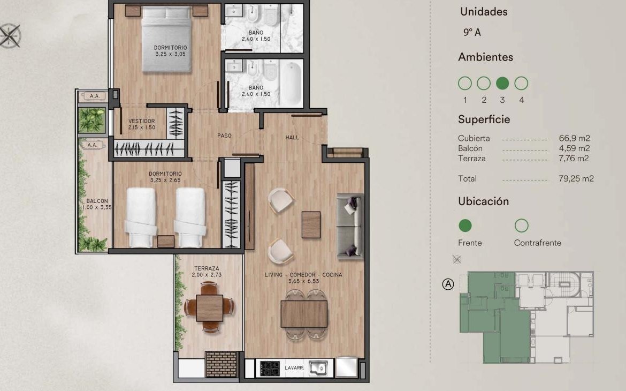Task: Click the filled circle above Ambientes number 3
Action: click(x=502, y=83)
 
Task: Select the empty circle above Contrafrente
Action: click(x=522, y=225)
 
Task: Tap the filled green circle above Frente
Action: click(x=465, y=225)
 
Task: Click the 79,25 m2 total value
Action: click(x=576, y=179)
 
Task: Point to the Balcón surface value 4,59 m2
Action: click(x=574, y=148)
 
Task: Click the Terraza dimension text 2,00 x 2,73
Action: click(x=207, y=275)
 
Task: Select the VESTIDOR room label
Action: click(x=142, y=121)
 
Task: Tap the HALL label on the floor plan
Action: click(x=292, y=138)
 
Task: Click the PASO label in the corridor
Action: click(x=224, y=136)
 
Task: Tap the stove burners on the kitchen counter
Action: click(x=270, y=368)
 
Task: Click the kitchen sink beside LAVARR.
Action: click(x=318, y=368)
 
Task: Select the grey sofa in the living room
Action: click(x=350, y=226)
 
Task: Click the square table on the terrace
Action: click(x=209, y=308)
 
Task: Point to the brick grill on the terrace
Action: click(x=221, y=364)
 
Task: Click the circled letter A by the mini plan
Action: click(x=448, y=284)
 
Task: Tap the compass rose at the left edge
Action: click(x=9, y=35)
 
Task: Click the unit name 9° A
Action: click(x=472, y=32)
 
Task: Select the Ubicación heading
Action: click(x=484, y=201)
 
